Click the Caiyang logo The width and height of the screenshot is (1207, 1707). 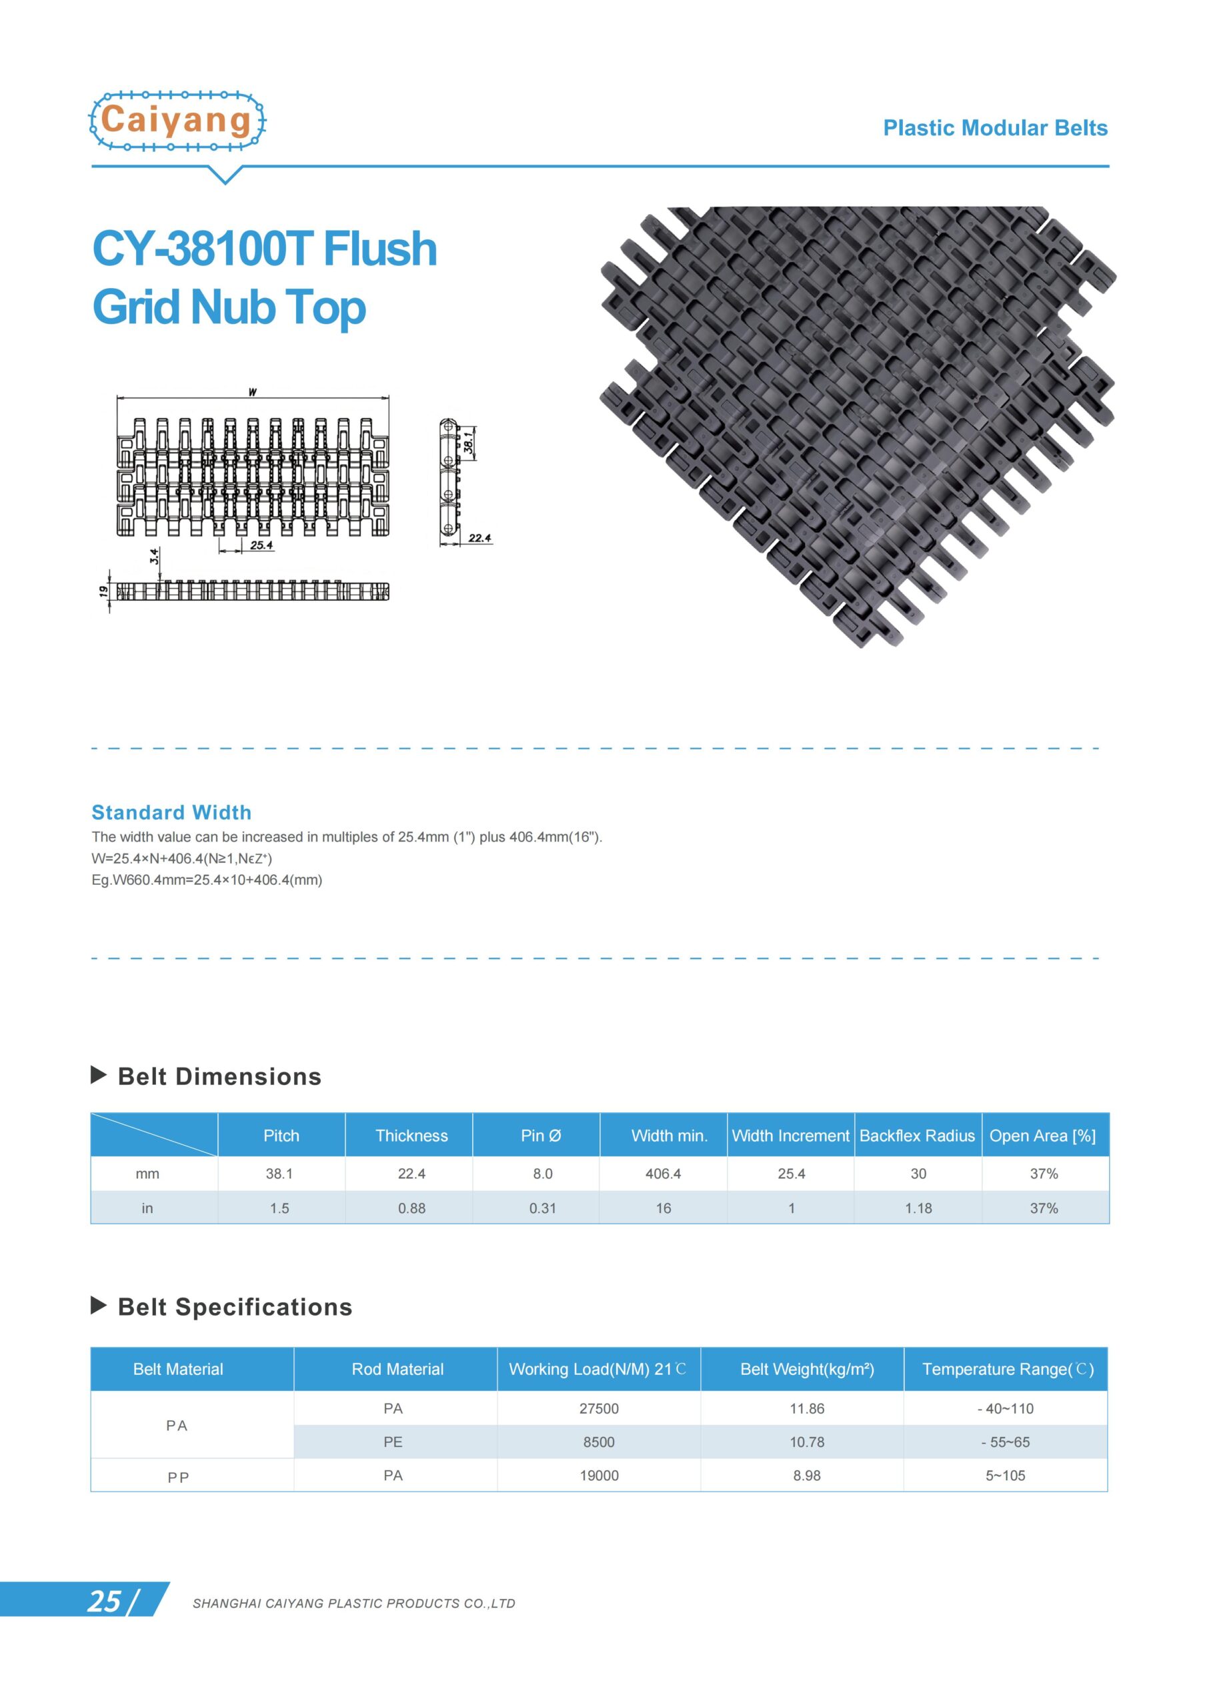(177, 121)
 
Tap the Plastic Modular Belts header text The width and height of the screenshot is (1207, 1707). (994, 128)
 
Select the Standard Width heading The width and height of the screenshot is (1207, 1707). (171, 812)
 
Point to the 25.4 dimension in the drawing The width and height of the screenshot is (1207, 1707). (261, 545)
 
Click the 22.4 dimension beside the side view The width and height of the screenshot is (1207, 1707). (479, 537)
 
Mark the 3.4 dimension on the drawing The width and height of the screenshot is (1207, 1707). (154, 555)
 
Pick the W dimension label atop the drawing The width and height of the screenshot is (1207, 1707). (253, 392)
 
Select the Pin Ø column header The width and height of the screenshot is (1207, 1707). (541, 1136)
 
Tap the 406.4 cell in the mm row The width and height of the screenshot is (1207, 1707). (663, 1173)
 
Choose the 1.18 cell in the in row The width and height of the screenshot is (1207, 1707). (918, 1208)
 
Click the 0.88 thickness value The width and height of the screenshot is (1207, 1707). (411, 1208)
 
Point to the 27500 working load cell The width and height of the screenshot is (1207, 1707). (599, 1408)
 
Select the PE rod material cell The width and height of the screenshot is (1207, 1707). (393, 1442)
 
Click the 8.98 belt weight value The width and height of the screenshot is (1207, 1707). (806, 1475)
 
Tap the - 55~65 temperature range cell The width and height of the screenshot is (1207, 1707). (1005, 1442)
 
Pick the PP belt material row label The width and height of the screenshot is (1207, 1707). (178, 1476)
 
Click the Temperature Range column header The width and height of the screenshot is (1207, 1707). (1007, 1369)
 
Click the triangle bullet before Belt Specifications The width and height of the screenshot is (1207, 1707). (98, 1305)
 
